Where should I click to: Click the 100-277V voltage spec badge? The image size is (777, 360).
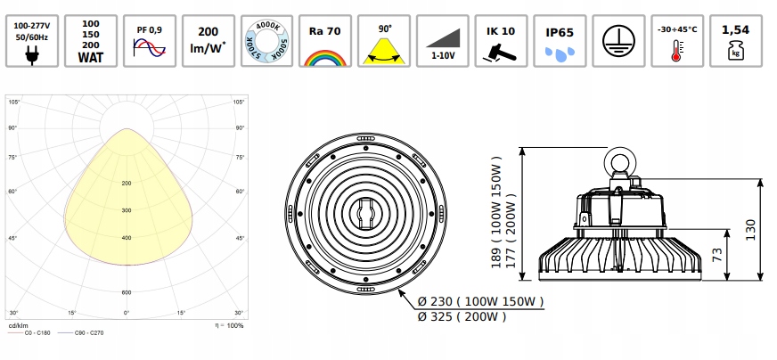click(31, 40)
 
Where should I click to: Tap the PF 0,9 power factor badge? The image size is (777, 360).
click(149, 40)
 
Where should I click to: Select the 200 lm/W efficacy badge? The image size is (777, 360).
click(208, 40)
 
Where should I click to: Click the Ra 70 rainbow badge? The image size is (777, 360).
click(325, 40)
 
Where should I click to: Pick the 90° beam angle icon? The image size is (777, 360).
click(384, 40)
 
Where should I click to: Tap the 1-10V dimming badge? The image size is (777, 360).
click(443, 40)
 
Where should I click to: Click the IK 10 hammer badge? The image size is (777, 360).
click(502, 40)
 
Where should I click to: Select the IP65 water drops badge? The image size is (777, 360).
click(560, 40)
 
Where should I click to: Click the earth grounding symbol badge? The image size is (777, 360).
click(618, 40)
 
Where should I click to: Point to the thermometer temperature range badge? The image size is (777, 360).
click(677, 40)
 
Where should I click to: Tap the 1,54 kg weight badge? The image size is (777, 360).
click(736, 40)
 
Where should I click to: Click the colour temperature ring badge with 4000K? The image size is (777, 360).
click(266, 40)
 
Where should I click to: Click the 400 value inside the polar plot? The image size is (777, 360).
click(126, 238)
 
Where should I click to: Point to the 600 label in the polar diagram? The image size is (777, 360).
click(126, 292)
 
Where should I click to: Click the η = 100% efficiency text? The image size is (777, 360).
click(228, 326)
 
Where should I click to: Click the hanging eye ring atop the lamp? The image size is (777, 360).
click(618, 162)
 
